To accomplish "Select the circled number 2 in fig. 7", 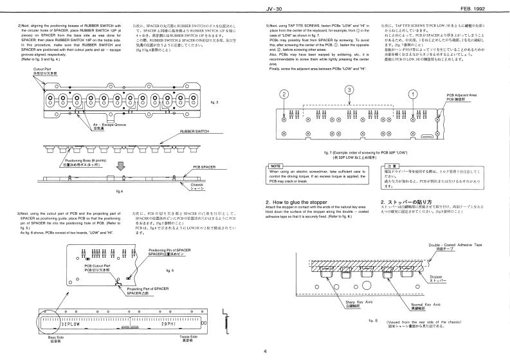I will [x=284, y=94].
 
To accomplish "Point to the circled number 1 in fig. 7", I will [x=411, y=94].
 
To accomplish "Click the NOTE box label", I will [x=275, y=166].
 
